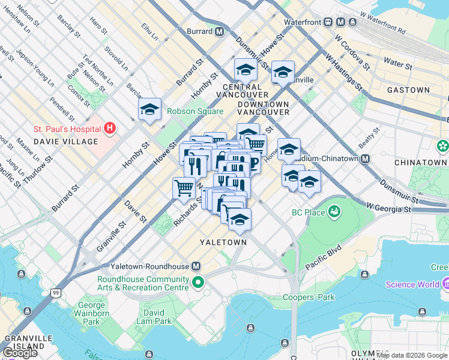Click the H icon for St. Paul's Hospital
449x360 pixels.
point(109,128)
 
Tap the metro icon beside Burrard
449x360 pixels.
point(220,31)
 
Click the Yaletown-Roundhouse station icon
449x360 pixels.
point(196,266)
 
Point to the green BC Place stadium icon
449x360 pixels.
point(334,212)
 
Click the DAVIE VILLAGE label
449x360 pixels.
point(65,142)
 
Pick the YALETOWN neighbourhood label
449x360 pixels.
point(223,242)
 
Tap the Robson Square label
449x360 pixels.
point(195,111)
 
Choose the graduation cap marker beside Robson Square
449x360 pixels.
point(150,109)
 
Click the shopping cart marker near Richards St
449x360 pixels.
point(184,187)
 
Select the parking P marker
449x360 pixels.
point(253,163)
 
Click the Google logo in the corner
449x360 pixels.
point(20,352)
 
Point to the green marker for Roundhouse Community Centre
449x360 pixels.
point(197,282)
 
